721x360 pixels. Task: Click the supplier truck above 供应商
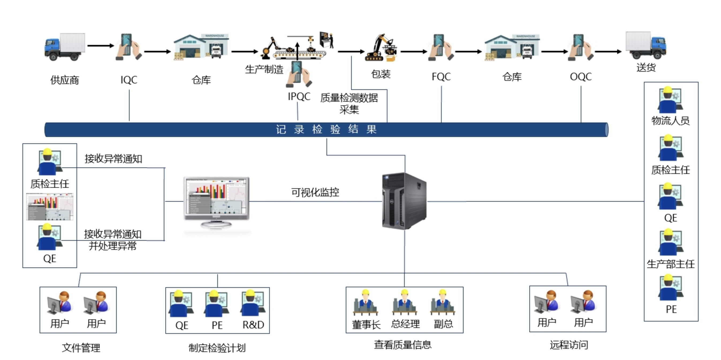(x=65, y=47)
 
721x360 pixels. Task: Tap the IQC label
(x=129, y=80)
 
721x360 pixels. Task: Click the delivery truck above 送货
(x=646, y=45)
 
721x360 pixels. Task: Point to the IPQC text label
(x=299, y=97)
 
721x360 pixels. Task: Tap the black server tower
(x=404, y=201)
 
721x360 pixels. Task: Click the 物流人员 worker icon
(x=670, y=100)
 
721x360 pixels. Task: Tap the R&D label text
(x=253, y=325)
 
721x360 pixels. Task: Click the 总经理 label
(x=405, y=324)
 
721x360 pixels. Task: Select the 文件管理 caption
(x=81, y=348)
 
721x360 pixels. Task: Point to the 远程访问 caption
(x=569, y=345)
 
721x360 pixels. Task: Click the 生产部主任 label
(x=671, y=264)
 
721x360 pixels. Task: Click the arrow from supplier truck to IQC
(x=100, y=45)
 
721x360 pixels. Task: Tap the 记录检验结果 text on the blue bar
(x=326, y=129)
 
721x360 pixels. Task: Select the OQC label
(x=581, y=77)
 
